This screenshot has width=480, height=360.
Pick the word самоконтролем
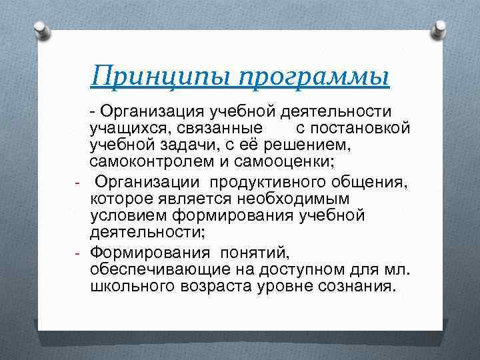coord(150,162)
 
